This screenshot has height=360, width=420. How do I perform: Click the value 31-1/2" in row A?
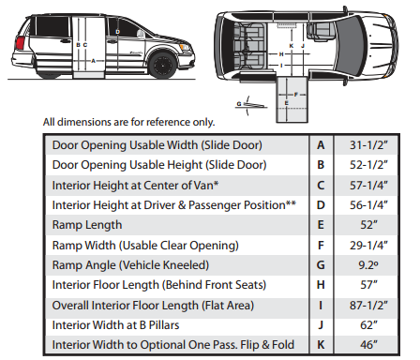[x=368, y=145]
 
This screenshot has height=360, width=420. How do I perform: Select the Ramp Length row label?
[x=87, y=225]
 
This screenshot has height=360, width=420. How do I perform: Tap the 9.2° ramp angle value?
[x=368, y=265]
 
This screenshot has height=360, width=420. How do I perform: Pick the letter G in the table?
[x=321, y=265]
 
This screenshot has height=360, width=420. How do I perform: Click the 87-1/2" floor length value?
[x=368, y=306]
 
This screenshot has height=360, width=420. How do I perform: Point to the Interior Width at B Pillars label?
[x=115, y=325]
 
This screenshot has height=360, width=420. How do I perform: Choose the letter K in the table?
[x=321, y=345]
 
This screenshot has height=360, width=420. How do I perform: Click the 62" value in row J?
[x=368, y=325]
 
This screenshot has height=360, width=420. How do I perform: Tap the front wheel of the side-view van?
[x=162, y=66]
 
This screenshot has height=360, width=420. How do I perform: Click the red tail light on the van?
[x=21, y=43]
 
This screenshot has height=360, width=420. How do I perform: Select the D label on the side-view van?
[x=117, y=32]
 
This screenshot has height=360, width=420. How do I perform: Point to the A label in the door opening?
[x=93, y=61]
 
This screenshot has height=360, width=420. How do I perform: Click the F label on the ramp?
[x=295, y=95]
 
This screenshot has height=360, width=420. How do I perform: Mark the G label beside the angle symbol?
[x=239, y=104]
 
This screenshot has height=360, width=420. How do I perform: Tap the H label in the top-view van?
[x=281, y=54]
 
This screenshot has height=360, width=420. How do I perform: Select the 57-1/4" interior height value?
[x=368, y=186]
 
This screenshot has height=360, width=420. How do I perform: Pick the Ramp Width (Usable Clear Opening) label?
[x=145, y=246]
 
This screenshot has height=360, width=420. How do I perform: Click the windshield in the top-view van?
[x=351, y=46]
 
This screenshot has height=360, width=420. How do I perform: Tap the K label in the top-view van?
[x=292, y=46]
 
